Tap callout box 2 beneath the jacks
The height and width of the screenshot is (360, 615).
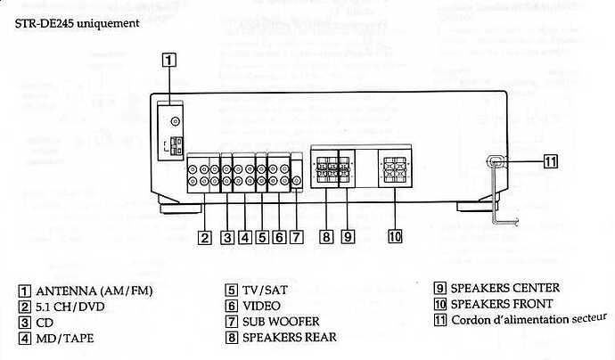(205, 237)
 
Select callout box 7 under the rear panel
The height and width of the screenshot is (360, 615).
(297, 237)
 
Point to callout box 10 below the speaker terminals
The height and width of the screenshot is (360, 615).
(395, 237)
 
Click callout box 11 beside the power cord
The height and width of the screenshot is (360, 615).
(550, 161)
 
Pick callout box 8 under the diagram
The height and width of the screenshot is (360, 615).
(327, 237)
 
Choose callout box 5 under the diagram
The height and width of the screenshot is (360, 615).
(262, 237)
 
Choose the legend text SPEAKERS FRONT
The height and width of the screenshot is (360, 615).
(502, 304)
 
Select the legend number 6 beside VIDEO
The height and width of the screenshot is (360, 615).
(231, 306)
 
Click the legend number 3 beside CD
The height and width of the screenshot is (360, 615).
(23, 322)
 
